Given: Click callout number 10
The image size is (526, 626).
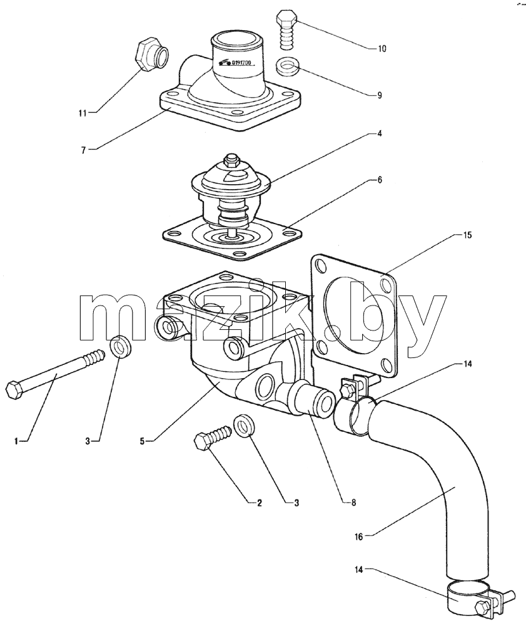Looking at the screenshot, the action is click(x=382, y=49).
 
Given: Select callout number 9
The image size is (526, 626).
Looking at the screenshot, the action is click(x=379, y=95).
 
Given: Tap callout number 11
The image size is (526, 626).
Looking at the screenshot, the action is click(x=82, y=113).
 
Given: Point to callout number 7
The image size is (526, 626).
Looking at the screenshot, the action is click(x=83, y=150).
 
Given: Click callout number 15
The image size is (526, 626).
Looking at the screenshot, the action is click(x=467, y=235).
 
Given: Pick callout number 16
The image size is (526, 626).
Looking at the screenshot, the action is click(x=359, y=537).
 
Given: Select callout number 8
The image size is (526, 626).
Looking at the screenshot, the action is click(x=353, y=503).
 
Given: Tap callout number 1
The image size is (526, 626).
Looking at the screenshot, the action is click(x=16, y=441).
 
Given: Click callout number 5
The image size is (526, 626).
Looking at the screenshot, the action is click(x=142, y=441).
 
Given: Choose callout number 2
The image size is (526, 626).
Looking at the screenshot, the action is click(x=259, y=503).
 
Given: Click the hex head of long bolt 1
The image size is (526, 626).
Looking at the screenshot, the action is click(x=16, y=389).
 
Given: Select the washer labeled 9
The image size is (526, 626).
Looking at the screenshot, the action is click(x=286, y=66).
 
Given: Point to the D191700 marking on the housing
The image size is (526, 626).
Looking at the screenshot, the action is click(x=235, y=62).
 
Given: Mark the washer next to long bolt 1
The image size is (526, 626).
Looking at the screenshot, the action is click(x=120, y=346).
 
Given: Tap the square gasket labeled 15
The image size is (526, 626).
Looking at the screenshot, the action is click(x=353, y=315).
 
